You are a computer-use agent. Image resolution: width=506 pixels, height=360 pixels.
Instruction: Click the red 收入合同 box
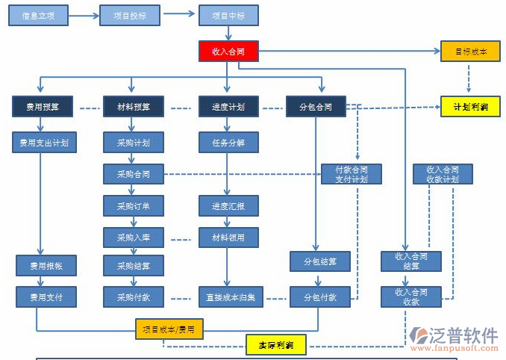[228, 52]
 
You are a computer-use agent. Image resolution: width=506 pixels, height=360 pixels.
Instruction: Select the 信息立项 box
[38, 15]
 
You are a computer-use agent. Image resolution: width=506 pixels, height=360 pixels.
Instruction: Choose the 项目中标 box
[228, 15]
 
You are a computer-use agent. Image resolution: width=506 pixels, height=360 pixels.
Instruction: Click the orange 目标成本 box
[469, 52]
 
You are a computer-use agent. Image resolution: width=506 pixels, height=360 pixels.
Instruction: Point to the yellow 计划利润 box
[469, 107]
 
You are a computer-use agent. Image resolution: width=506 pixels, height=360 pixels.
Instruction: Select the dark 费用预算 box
[42, 107]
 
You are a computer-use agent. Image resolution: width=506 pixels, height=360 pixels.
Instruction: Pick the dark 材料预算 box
[133, 107]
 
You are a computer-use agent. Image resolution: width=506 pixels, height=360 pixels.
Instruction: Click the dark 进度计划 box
[228, 107]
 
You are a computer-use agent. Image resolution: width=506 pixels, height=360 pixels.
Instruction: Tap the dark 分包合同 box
[316, 107]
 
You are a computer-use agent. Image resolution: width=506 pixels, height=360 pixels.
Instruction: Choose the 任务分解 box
[228, 142]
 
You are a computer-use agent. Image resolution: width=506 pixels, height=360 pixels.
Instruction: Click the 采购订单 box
[133, 205]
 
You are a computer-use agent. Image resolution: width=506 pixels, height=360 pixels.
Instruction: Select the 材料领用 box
[228, 238]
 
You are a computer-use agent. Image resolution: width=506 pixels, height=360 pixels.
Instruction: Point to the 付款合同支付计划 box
[352, 174]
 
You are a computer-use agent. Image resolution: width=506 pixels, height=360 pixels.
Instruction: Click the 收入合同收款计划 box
[442, 174]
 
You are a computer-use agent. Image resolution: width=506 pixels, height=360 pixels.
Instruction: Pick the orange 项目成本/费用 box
[169, 329]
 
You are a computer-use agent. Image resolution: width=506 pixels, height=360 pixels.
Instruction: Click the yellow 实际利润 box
[275, 345]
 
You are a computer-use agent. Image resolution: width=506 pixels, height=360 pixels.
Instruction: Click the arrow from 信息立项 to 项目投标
[84, 15]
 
